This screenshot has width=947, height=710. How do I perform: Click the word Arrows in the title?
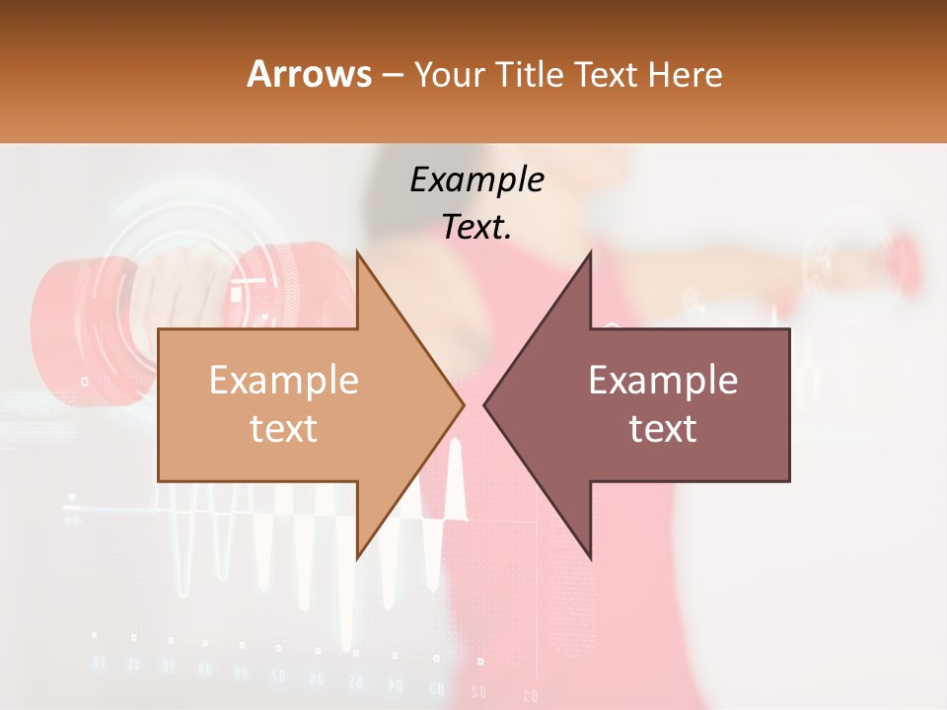[310, 74]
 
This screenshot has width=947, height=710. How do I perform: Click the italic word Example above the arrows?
[476, 180]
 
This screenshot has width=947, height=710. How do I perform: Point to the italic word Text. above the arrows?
[476, 228]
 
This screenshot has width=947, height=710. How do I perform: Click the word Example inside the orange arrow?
[284, 381]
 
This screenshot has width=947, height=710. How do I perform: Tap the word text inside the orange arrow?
[284, 429]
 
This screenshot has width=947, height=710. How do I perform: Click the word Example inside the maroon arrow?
[663, 381]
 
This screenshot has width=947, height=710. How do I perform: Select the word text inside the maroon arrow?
[663, 429]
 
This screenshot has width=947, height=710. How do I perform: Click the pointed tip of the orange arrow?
[463, 403]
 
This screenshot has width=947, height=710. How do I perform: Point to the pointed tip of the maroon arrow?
[484, 403]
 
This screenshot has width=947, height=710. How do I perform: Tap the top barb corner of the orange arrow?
[357, 252]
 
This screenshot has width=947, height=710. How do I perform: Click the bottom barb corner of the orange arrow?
[357, 557]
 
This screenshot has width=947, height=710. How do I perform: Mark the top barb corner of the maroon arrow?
[590, 252]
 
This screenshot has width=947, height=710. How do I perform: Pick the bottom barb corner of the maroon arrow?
[590, 557]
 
